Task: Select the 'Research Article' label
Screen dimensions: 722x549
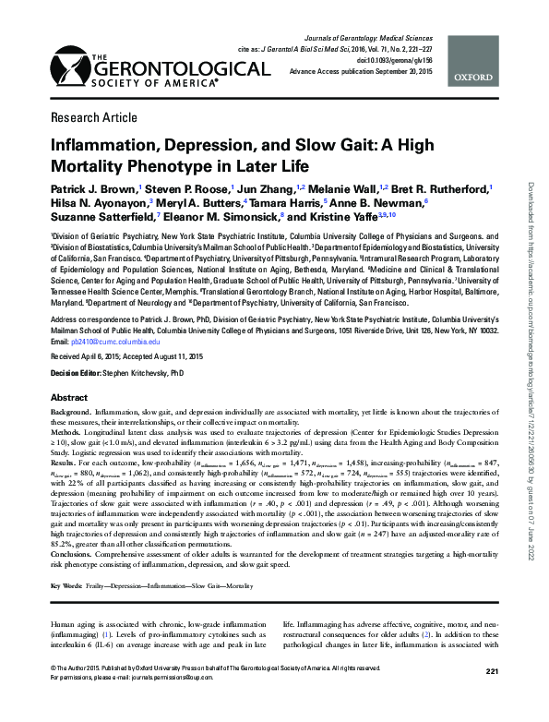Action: pos(88,118)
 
